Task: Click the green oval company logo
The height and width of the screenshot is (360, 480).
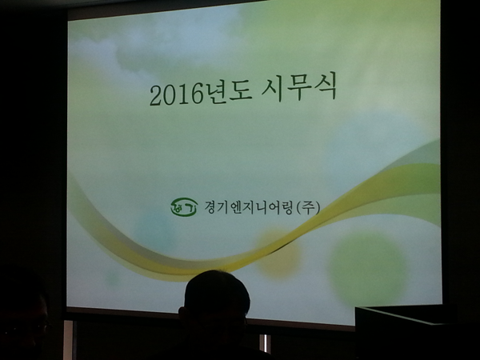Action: (x=184, y=207)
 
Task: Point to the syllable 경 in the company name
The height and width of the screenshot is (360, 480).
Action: (x=210, y=207)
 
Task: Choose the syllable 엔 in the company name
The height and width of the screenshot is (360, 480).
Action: (x=236, y=207)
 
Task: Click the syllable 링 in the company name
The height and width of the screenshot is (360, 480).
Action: (x=287, y=207)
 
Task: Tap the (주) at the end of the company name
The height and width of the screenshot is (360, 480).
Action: (x=308, y=207)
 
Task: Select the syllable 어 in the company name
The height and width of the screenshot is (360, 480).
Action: (x=274, y=207)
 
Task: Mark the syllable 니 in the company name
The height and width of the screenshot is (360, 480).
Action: (x=261, y=207)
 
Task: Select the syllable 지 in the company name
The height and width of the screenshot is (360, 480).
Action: (x=248, y=207)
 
